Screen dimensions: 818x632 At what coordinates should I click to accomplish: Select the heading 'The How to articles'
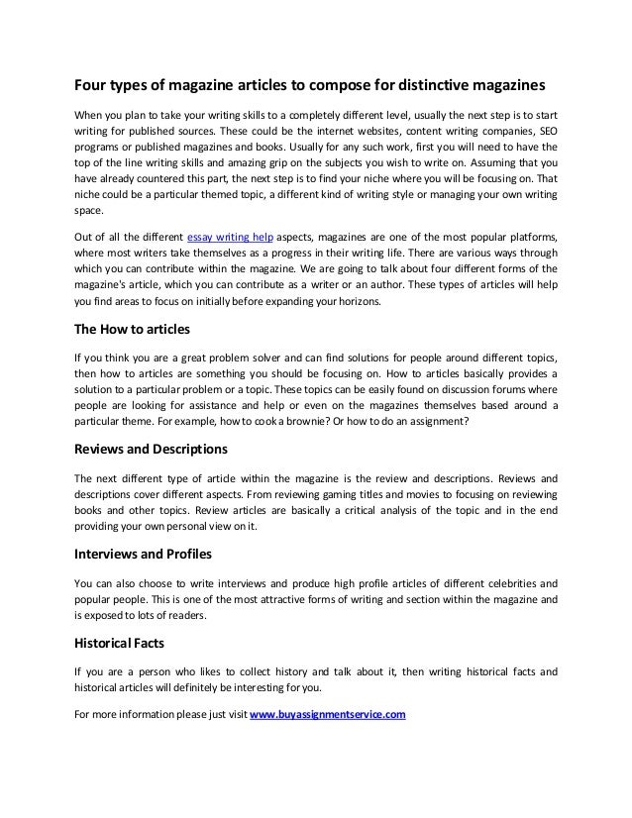click(x=133, y=330)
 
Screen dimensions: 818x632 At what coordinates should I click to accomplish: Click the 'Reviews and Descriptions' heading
click(x=152, y=448)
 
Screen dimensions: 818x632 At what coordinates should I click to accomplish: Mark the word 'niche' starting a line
click(x=89, y=193)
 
